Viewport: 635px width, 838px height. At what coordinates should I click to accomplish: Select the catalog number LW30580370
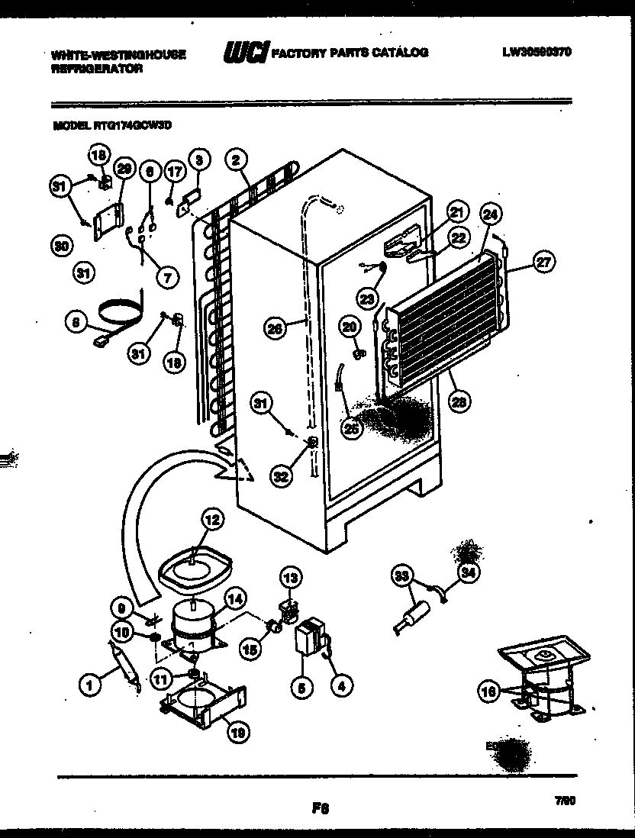coord(537,53)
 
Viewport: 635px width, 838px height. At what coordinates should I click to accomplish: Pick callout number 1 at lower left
coord(90,686)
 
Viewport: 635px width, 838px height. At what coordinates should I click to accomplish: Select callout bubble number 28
coord(458,402)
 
